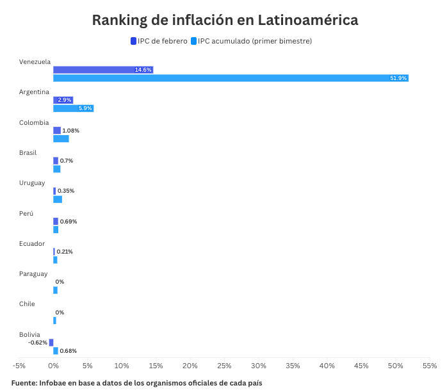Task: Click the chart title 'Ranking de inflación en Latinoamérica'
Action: [x=225, y=20]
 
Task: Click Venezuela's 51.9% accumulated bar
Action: [x=231, y=78]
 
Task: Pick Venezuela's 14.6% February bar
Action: [x=102, y=70]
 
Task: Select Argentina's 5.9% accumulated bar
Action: [x=73, y=108]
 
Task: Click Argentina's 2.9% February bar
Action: [x=63, y=100]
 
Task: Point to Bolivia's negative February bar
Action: [x=51, y=343]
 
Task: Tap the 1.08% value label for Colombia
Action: [x=70, y=131]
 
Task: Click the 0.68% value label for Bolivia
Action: [x=68, y=351]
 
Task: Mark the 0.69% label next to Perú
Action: [x=68, y=222]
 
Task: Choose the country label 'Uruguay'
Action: [x=32, y=183]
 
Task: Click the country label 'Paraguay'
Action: [x=33, y=274]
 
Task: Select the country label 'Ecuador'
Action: [x=32, y=243]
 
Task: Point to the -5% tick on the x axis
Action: [x=19, y=366]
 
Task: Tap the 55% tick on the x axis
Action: [x=429, y=366]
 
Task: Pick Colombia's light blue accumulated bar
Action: [x=61, y=139]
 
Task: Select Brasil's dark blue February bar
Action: [x=56, y=161]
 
